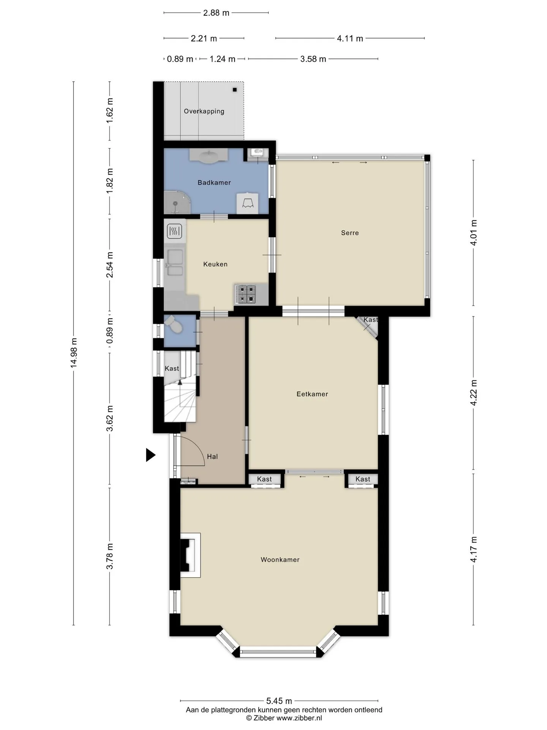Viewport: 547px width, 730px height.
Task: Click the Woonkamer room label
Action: [x=280, y=560]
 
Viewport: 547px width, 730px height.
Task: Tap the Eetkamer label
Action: [x=312, y=394]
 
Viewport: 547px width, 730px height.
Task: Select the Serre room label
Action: [x=350, y=233]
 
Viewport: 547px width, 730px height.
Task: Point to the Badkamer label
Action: [x=214, y=182]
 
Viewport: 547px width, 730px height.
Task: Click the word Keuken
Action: [x=215, y=264]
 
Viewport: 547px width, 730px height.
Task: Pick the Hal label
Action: [x=212, y=456]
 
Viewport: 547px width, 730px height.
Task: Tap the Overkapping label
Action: [x=204, y=111]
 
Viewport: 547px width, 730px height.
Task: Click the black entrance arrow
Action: [x=151, y=455]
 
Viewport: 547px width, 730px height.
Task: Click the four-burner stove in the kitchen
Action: [x=245, y=294]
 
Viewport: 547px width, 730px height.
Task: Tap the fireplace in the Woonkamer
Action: [x=190, y=555]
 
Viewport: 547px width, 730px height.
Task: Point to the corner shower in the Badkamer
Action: [x=177, y=202]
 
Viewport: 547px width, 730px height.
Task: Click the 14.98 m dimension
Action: [x=74, y=352]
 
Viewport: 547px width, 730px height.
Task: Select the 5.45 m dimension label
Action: [x=279, y=701]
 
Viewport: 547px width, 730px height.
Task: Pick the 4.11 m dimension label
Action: [x=350, y=38]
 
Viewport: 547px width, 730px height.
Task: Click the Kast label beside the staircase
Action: [x=172, y=368]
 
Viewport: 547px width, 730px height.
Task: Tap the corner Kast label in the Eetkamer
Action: [x=371, y=319]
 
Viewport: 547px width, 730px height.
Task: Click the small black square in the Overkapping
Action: [x=235, y=90]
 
